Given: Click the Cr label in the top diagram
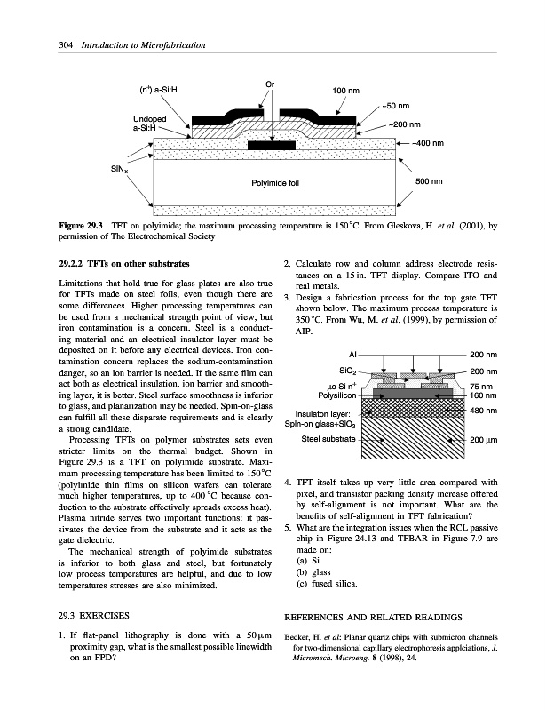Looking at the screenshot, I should point(272,84).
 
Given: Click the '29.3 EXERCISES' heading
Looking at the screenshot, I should point(91,614).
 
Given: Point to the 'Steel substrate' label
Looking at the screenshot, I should point(330,439).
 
